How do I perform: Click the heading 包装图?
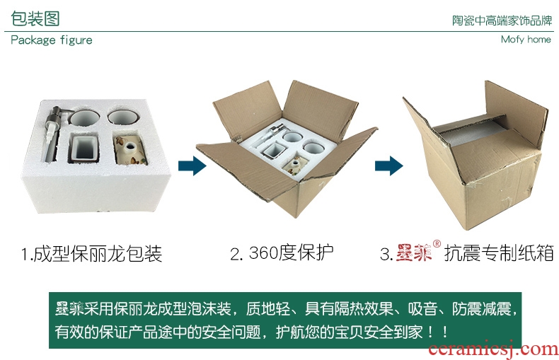(x=35, y=18)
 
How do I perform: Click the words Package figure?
(x=52, y=40)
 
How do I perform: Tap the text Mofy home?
(x=526, y=39)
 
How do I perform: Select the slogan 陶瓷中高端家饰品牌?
(x=502, y=21)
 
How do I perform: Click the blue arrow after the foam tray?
(x=192, y=166)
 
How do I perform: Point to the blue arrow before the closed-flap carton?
(x=389, y=166)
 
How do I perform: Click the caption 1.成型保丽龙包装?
(x=91, y=254)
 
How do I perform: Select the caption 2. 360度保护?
(x=282, y=252)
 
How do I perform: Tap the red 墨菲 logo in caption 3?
(x=413, y=252)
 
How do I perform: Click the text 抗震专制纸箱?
(x=499, y=253)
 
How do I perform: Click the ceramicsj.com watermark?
(x=493, y=349)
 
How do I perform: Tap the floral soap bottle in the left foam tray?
(x=130, y=150)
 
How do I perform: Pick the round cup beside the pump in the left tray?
(x=84, y=118)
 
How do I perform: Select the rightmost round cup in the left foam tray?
(x=123, y=117)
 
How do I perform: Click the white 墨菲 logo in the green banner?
(x=69, y=308)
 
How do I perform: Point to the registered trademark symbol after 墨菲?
(x=437, y=244)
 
